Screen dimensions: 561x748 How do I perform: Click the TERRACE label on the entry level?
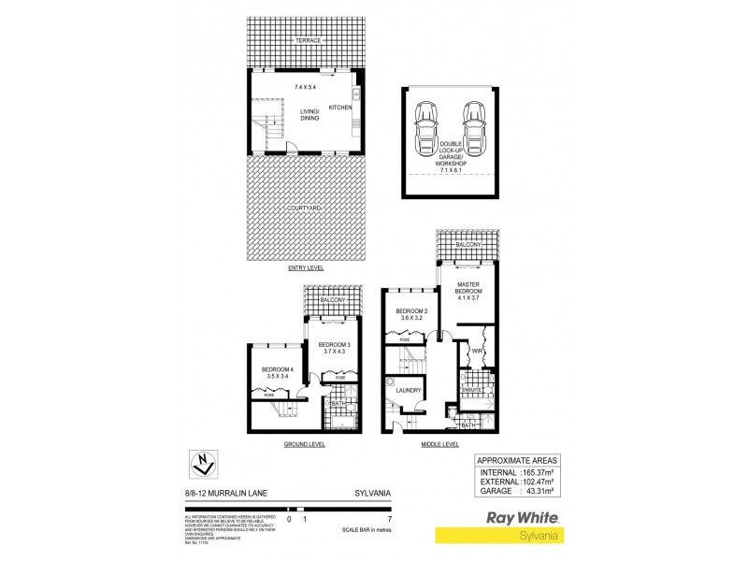tap(308, 41)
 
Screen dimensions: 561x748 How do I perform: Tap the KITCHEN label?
tap(339, 108)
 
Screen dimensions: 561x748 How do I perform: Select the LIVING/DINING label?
tap(309, 115)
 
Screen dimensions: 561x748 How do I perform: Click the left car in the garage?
tap(426, 125)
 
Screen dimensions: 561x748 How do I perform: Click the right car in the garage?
tap(474, 125)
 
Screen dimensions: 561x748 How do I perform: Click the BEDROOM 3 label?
tap(332, 345)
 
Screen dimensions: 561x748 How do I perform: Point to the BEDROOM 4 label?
tap(278, 370)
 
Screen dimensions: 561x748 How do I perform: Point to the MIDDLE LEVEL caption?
tap(439, 444)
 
